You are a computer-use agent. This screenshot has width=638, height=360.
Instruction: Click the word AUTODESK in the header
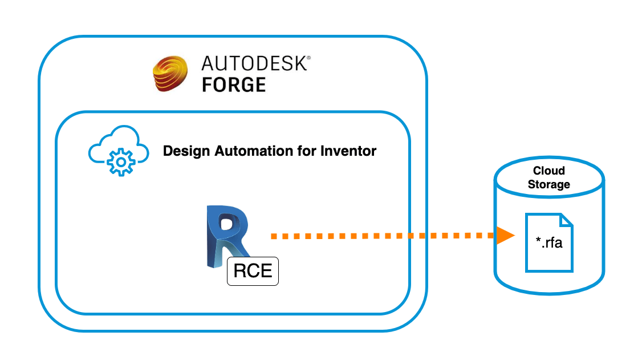(x=254, y=63)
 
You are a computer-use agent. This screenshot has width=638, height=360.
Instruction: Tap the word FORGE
(x=234, y=85)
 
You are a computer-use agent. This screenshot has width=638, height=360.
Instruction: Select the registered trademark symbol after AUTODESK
(x=309, y=58)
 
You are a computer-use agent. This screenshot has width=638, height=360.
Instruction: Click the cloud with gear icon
(x=119, y=152)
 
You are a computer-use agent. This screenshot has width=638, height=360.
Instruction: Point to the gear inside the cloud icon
(x=120, y=163)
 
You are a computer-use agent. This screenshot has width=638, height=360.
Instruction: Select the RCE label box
(x=253, y=270)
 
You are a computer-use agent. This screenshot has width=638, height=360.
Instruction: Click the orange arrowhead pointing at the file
(x=505, y=235)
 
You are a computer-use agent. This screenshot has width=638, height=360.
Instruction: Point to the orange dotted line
(x=382, y=235)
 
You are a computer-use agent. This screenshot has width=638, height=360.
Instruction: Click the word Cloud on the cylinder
(x=548, y=171)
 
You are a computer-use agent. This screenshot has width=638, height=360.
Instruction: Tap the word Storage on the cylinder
(x=548, y=184)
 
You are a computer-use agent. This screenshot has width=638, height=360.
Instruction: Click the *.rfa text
(x=548, y=245)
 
